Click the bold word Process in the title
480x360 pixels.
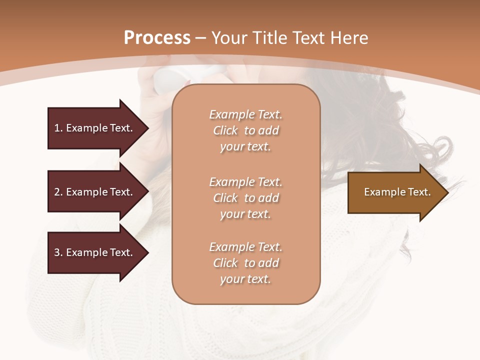tap(157, 38)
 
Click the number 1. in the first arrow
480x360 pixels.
tap(58, 128)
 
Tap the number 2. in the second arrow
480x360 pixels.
tap(58, 192)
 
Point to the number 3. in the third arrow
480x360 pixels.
tap(58, 252)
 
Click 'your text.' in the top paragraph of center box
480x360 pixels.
tap(245, 147)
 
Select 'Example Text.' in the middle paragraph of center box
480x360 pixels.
tap(245, 182)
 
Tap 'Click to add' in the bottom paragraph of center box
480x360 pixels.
tap(245, 263)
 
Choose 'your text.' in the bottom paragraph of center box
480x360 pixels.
tap(245, 279)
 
